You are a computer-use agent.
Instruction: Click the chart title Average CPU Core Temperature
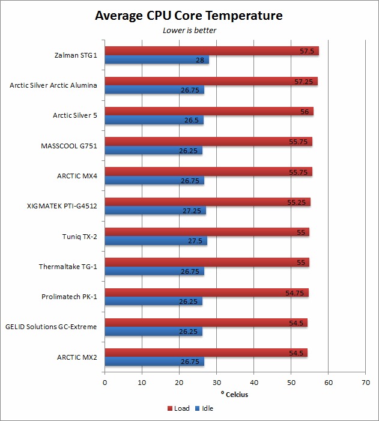(x=189, y=16)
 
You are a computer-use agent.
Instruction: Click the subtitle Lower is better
(x=189, y=30)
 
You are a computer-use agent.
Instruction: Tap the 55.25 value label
(x=297, y=202)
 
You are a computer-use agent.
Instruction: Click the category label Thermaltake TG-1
(x=68, y=267)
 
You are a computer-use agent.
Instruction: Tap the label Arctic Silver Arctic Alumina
(x=53, y=85)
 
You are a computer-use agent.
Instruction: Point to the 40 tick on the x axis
(x=253, y=382)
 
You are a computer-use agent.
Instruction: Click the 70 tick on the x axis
(x=365, y=382)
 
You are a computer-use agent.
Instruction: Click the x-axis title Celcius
(x=235, y=395)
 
